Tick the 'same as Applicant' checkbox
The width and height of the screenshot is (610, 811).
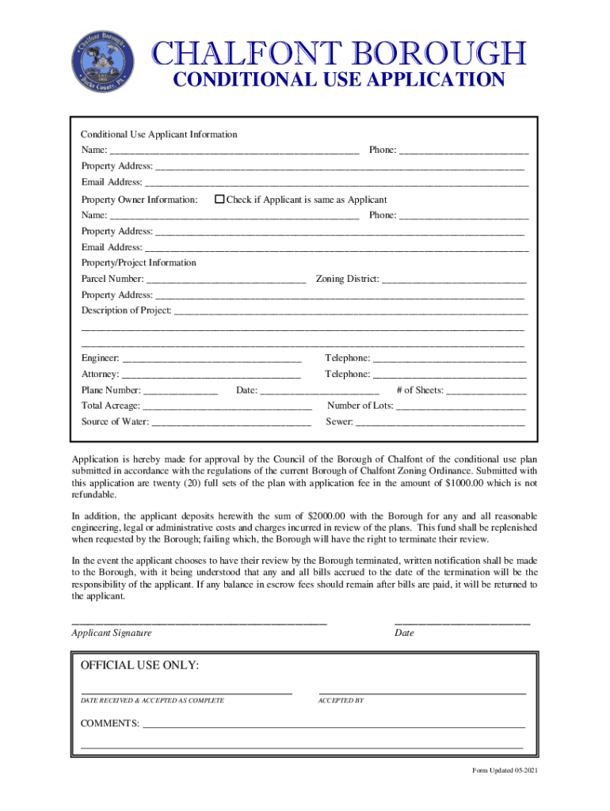pyautogui.click(x=220, y=200)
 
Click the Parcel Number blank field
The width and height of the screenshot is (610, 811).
pyautogui.click(x=227, y=279)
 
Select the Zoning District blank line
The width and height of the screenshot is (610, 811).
pyautogui.click(x=455, y=279)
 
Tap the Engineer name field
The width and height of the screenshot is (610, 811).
pyautogui.click(x=212, y=359)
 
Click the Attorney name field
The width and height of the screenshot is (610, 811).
pyautogui.click(x=212, y=375)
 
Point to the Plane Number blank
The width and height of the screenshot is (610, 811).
pyautogui.click(x=181, y=390)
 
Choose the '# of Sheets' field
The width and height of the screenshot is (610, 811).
pyautogui.click(x=487, y=390)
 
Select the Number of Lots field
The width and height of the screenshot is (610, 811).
pyautogui.click(x=460, y=406)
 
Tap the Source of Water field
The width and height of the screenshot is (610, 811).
pyautogui.click(x=231, y=422)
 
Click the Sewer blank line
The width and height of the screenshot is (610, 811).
pyautogui.click(x=440, y=422)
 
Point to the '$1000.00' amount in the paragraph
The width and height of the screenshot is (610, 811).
pyautogui.click(x=468, y=483)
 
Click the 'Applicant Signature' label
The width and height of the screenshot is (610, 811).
pyautogui.click(x=112, y=634)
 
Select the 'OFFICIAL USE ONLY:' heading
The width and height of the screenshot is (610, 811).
pyautogui.click(x=140, y=665)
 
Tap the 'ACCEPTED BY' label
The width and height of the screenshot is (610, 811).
pyautogui.click(x=341, y=701)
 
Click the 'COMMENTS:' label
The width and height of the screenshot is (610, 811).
pyautogui.click(x=110, y=724)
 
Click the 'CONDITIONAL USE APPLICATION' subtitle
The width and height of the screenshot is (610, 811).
pyautogui.click(x=339, y=80)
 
